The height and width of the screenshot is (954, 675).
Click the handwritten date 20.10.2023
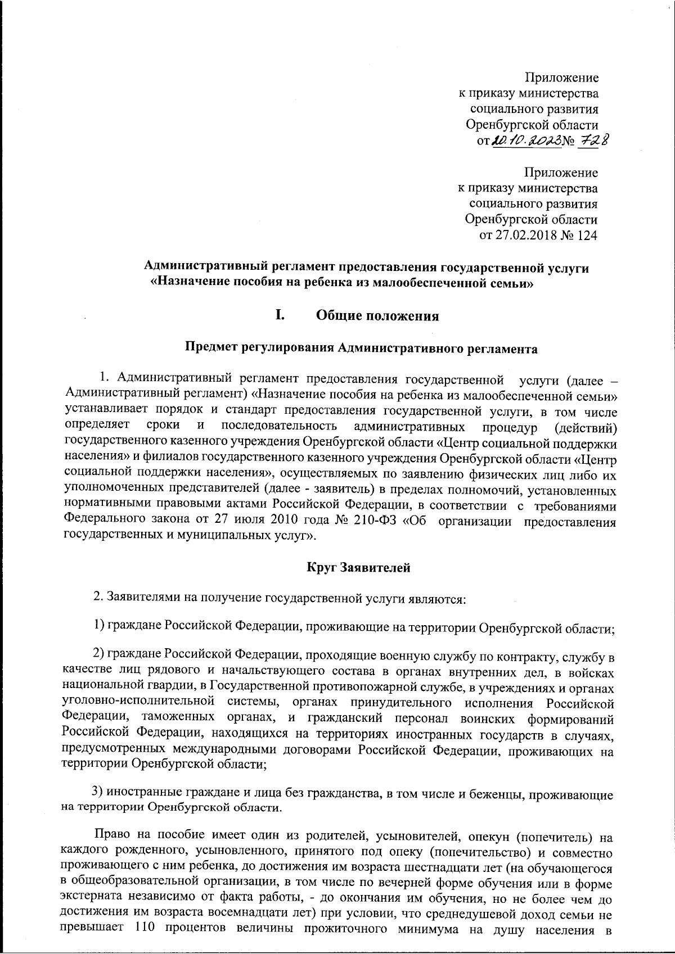(527, 141)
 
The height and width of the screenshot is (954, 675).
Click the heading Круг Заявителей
(358, 568)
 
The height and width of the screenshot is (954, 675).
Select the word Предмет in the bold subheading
(211, 349)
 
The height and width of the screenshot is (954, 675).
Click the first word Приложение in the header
(561, 77)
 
